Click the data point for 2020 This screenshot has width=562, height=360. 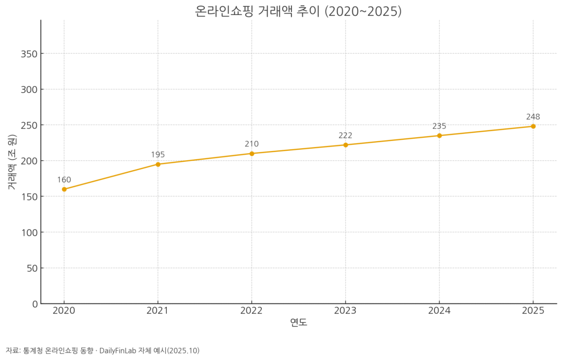pos(64,189)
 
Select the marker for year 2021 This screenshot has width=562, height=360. pos(158,164)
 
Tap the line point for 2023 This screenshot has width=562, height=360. pos(346,145)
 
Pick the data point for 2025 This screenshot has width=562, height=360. pos(533,126)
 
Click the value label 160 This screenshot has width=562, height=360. pos(64,180)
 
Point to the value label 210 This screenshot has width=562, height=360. pos(252,144)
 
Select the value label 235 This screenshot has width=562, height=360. pos(439,126)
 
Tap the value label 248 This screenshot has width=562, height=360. pos(533,117)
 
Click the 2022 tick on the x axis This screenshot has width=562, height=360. pos(252,311)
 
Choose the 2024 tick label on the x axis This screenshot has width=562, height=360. pos(439,311)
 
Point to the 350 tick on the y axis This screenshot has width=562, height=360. pos(29,54)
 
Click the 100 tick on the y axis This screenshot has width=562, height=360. pos(29,233)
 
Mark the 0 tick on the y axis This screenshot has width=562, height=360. pos(34,304)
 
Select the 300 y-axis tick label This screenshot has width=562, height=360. pos(29,89)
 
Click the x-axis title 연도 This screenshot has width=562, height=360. pos(299,323)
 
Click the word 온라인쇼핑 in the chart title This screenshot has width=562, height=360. pos(224,11)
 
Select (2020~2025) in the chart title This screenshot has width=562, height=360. pos(363,11)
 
